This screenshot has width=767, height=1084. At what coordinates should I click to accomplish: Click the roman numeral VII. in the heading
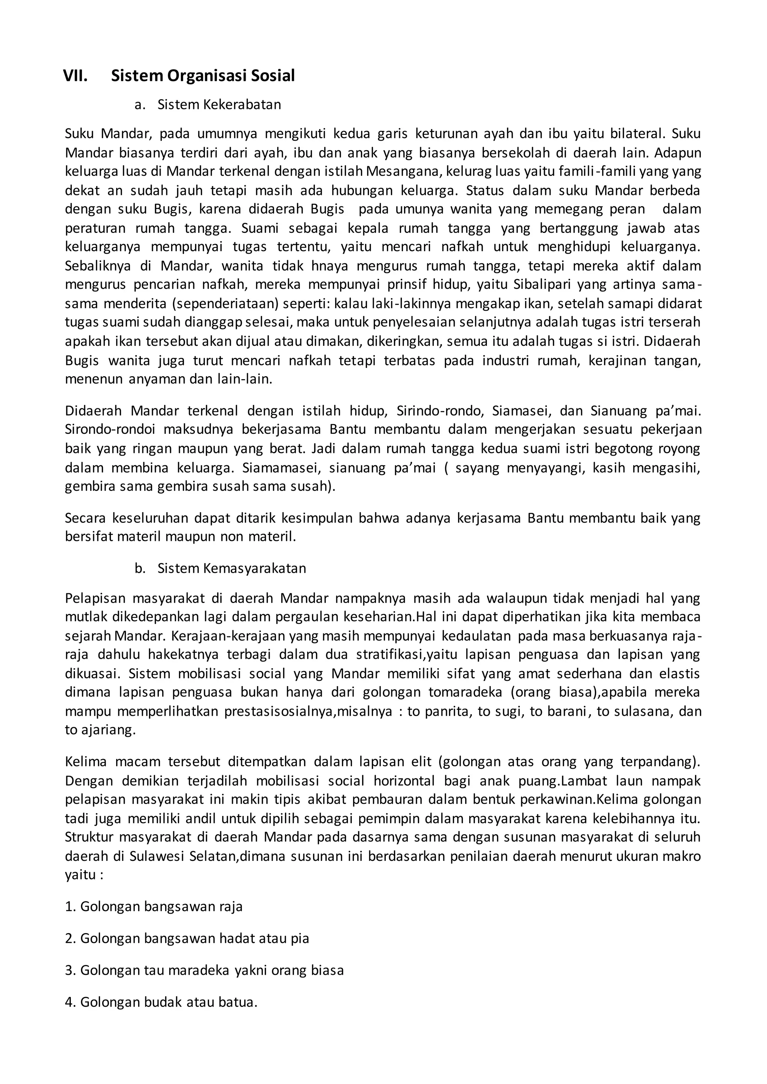tap(75, 76)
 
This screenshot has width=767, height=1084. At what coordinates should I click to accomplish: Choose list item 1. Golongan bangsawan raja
tap(154, 907)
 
